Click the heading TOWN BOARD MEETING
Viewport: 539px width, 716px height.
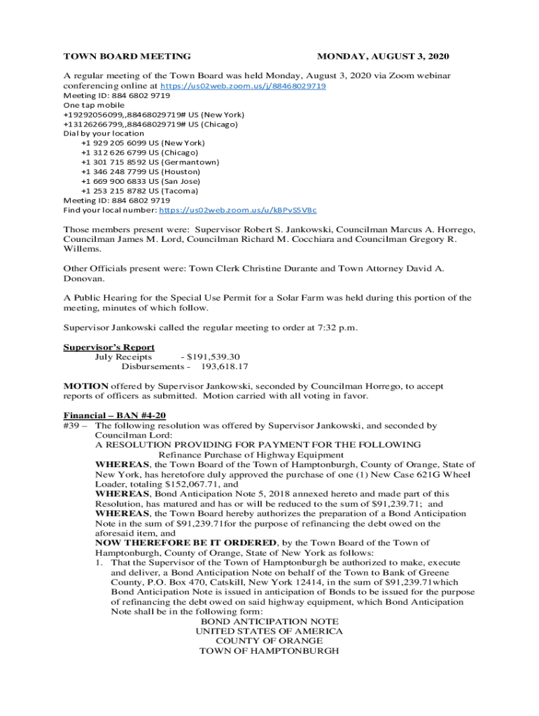[127, 56]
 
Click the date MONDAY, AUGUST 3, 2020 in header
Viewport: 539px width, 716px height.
[383, 56]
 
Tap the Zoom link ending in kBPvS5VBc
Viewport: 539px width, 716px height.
[238, 210]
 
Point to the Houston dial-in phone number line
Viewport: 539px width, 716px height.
[140, 171]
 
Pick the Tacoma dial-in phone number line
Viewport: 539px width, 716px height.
[139, 190]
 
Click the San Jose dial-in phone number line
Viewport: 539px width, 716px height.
[140, 180]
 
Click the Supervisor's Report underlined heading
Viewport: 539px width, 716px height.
[109, 347]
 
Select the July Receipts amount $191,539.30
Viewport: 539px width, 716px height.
[211, 357]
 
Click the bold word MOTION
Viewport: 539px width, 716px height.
[86, 386]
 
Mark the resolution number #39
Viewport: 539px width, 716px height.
[73, 425]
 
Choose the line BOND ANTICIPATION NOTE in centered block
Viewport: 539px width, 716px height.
[269, 622]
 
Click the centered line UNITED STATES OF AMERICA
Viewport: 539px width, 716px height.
[269, 631]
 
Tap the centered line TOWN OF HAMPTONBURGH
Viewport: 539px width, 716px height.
[269, 651]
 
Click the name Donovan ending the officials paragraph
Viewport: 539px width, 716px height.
[84, 278]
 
